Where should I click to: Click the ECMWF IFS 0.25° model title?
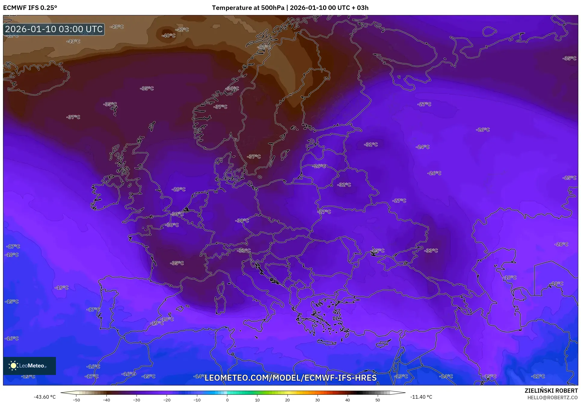30,8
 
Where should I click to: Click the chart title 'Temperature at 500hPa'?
248,8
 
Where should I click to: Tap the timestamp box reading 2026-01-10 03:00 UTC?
54,29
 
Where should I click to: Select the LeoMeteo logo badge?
29,366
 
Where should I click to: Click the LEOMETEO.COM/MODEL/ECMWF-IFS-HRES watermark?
290,378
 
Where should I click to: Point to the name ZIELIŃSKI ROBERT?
551,391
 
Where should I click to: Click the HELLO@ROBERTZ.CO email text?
552,397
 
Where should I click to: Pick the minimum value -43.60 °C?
45,397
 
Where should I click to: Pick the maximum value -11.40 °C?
421,397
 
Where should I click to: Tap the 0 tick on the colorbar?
227,400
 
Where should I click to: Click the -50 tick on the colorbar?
76,400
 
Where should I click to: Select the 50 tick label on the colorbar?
378,400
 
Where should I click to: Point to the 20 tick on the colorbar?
287,400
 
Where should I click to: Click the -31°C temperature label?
371,145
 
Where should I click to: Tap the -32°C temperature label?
344,185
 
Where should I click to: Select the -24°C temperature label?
423,147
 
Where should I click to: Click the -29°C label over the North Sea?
179,189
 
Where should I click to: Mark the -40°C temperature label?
168,35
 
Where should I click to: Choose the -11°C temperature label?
538,376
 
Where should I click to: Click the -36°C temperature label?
232,88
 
